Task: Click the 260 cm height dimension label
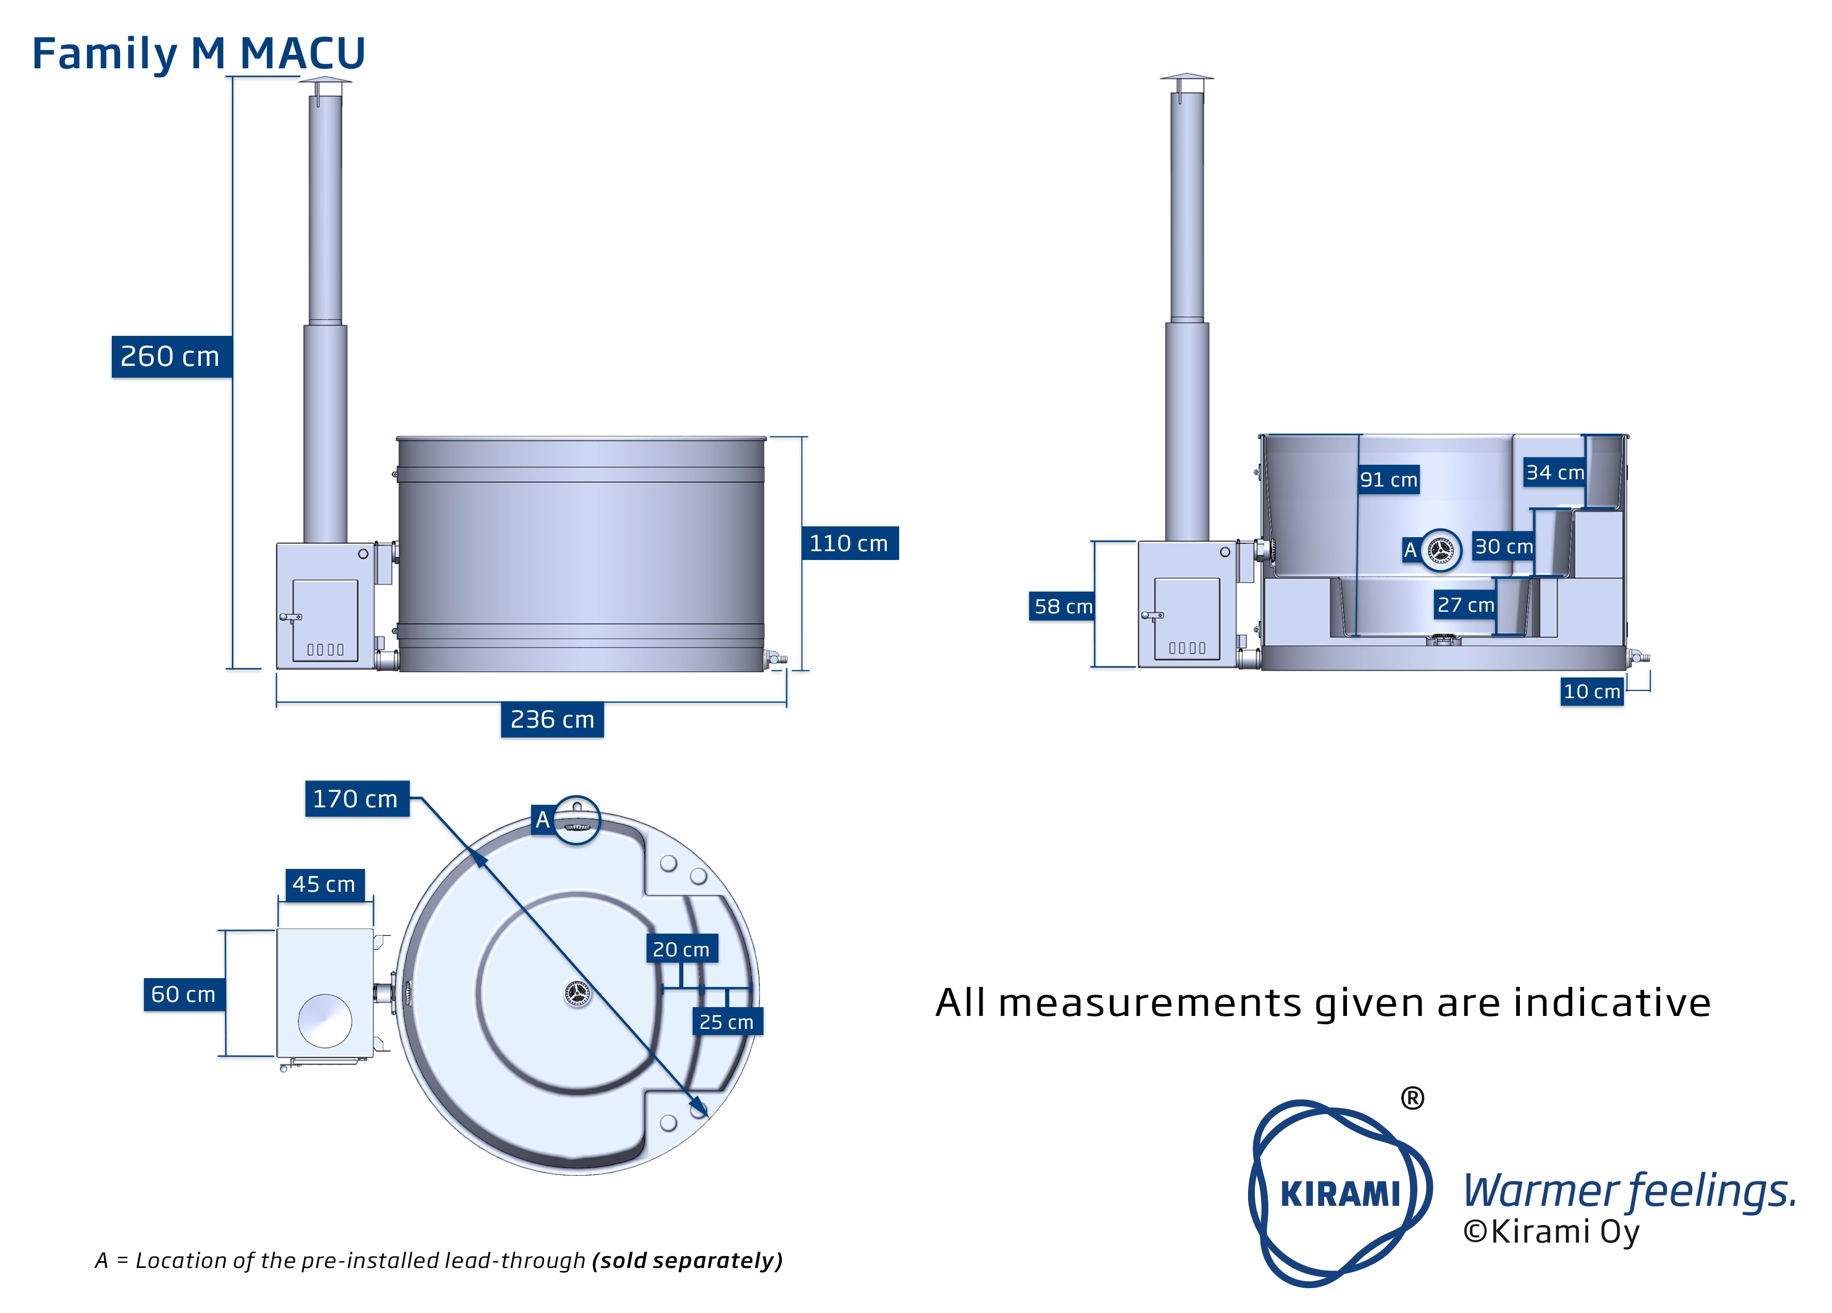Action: pos(170,356)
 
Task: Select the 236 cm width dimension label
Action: pos(552,719)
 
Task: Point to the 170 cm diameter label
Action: pos(356,799)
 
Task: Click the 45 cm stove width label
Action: pos(324,884)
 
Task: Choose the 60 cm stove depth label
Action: pos(183,994)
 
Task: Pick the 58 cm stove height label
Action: pos(1062,607)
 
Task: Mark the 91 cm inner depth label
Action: pos(1388,480)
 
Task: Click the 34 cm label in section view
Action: pos(1554,473)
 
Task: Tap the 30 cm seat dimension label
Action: pos(1503,547)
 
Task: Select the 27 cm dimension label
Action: pos(1465,605)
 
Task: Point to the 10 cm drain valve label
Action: pos(1591,691)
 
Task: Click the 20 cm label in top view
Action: pos(681,950)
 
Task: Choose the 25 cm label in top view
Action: pos(726,1022)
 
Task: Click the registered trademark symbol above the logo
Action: pos(1412,1098)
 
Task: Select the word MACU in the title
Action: pos(303,54)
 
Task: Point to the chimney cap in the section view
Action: pos(1186,78)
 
